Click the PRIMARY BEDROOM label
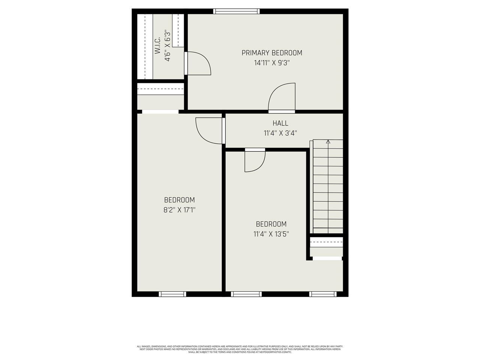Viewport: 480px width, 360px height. (x=271, y=53)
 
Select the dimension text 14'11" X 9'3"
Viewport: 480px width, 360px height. (x=271, y=63)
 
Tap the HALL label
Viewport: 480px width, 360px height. (x=280, y=123)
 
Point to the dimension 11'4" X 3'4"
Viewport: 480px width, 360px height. (x=280, y=133)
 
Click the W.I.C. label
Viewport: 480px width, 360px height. (x=157, y=45)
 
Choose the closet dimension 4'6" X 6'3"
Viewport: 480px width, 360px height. (x=167, y=45)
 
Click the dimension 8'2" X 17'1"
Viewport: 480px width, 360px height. (x=179, y=210)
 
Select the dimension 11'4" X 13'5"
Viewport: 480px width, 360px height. (x=271, y=234)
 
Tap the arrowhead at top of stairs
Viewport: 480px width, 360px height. (x=328, y=142)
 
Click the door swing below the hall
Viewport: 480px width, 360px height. (x=254, y=161)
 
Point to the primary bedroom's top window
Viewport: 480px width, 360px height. (x=236, y=11)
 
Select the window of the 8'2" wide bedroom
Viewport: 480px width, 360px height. (x=172, y=294)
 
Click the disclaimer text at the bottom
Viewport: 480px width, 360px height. (x=240, y=349)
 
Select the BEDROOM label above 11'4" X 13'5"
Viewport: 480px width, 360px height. (x=271, y=224)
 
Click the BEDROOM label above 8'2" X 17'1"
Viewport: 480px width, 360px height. (x=179, y=200)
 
